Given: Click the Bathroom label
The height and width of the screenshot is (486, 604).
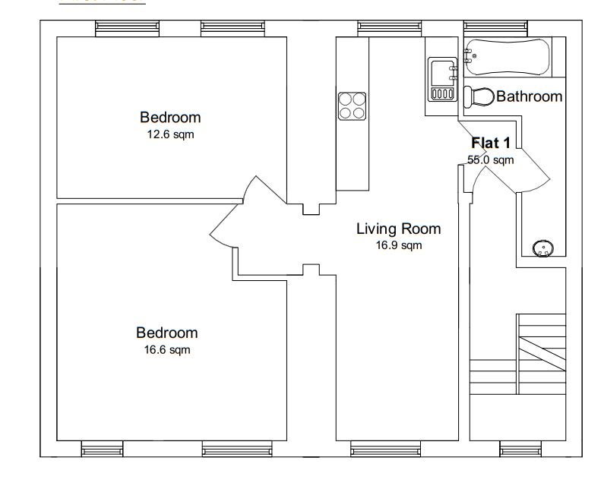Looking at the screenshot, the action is click(x=530, y=96).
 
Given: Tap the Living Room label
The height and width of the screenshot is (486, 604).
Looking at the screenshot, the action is click(x=398, y=229).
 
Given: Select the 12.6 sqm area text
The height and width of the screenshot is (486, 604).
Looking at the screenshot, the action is click(x=170, y=134).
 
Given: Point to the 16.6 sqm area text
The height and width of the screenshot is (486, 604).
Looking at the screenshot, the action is click(x=167, y=349).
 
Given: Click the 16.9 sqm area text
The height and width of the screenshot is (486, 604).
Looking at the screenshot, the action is click(x=399, y=245).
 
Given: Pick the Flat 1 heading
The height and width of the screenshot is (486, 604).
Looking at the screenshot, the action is click(x=491, y=143).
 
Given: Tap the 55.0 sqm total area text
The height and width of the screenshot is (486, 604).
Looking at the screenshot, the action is click(x=490, y=159).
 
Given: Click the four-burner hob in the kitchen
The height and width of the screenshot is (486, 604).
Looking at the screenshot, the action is click(x=352, y=106).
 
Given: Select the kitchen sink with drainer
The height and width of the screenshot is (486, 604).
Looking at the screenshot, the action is click(x=443, y=79).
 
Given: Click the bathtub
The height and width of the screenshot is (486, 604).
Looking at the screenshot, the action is click(x=508, y=57).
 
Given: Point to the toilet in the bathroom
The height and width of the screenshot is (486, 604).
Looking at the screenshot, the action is click(x=479, y=96).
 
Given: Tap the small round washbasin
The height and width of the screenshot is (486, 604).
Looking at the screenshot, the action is click(x=543, y=248).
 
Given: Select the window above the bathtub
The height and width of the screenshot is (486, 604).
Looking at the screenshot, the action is click(x=495, y=27).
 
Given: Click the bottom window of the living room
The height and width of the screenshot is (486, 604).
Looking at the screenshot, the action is click(x=386, y=449).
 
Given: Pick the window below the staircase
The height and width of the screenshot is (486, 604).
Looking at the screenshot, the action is click(x=520, y=449).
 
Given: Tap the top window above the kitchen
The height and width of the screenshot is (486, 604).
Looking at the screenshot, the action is click(x=390, y=27).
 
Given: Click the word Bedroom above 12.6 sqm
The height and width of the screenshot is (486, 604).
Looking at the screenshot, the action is click(x=170, y=118).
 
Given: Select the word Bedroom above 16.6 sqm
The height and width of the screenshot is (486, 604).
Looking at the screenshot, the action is click(x=167, y=333).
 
